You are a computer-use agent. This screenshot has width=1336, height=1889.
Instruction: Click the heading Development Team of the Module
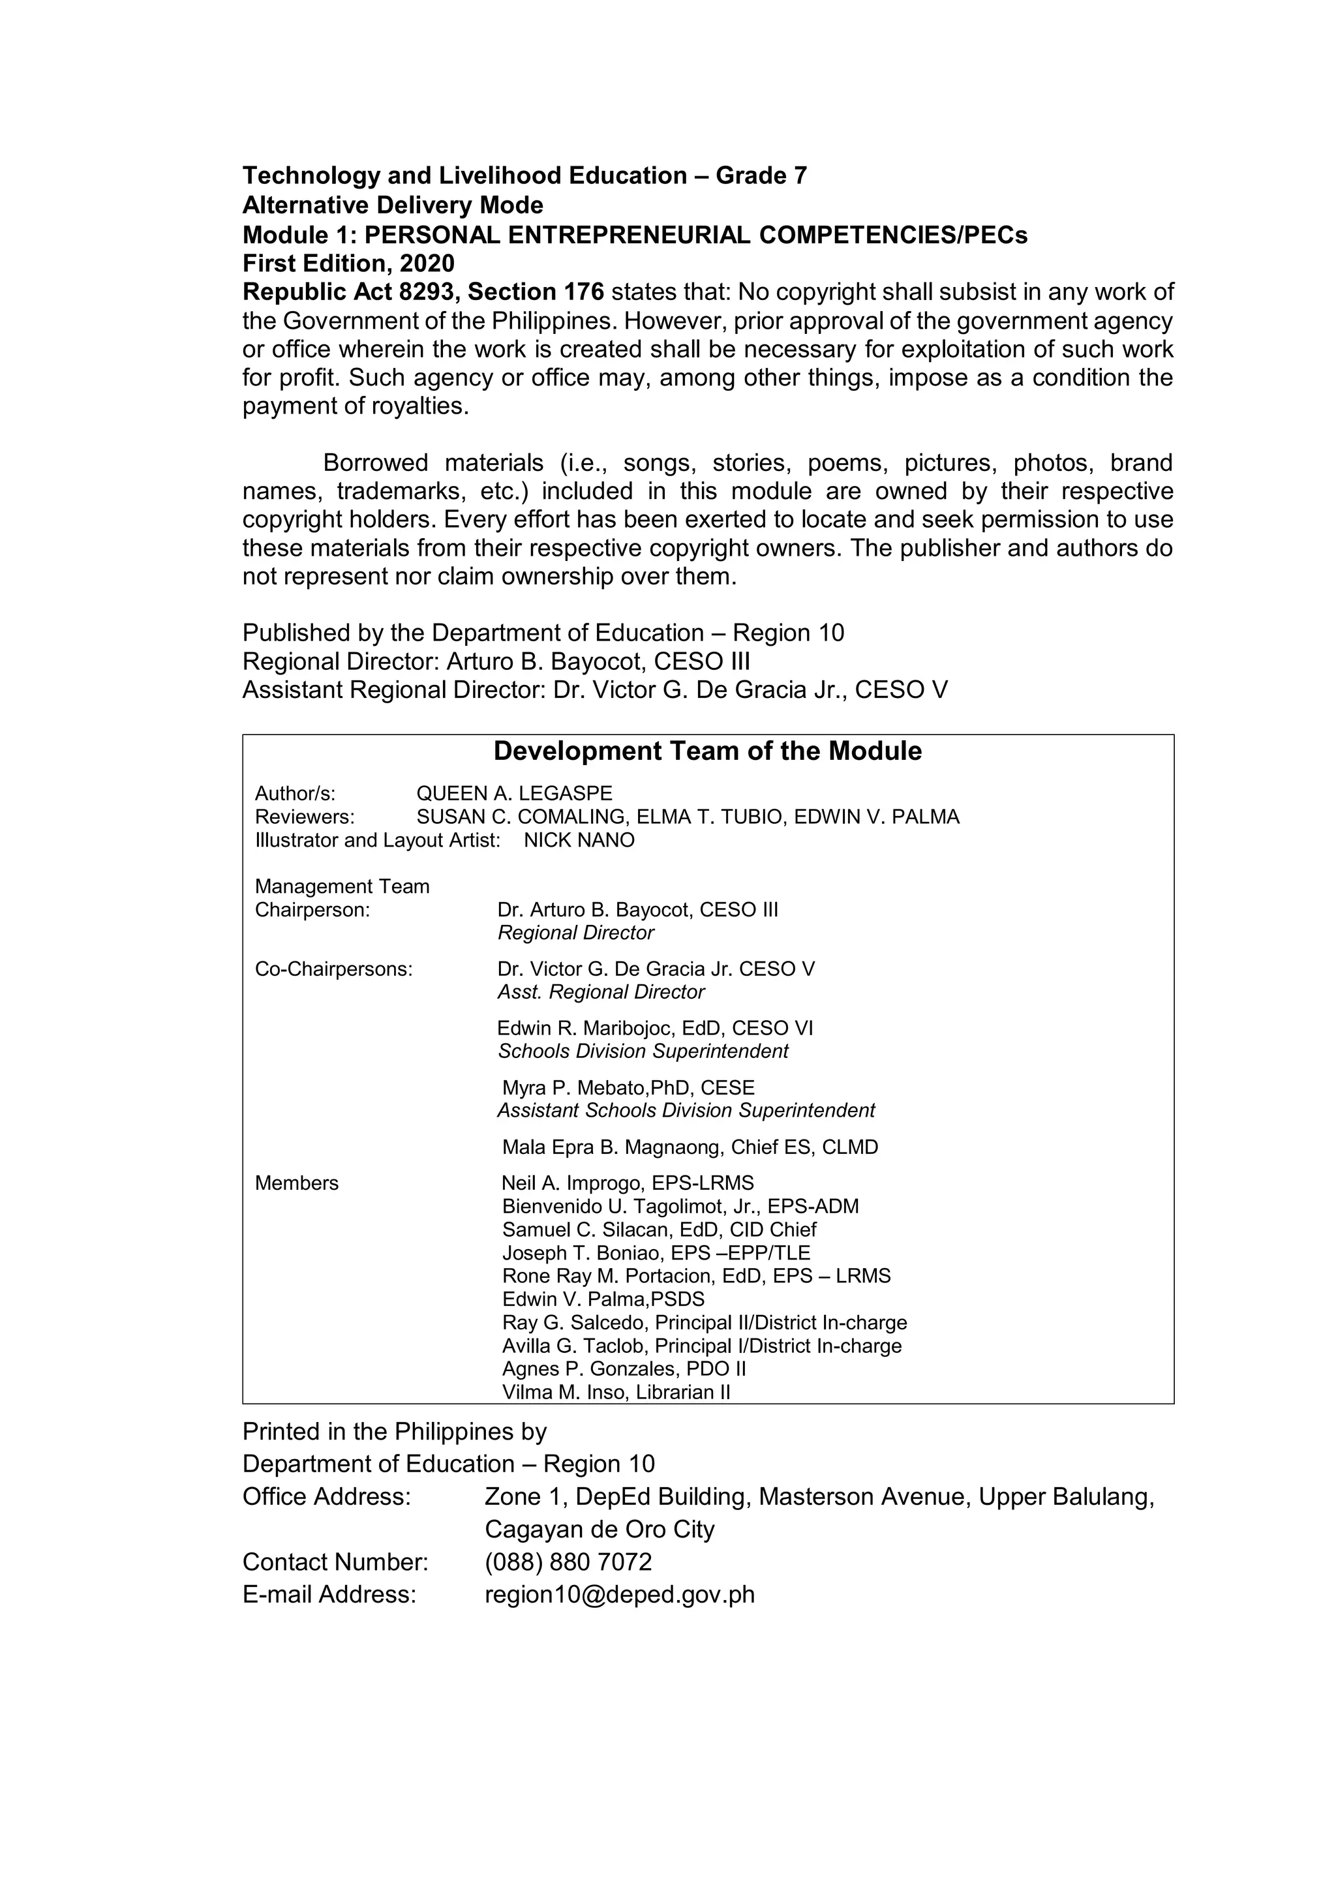tap(708, 751)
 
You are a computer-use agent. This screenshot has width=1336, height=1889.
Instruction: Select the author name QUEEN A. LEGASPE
tap(514, 793)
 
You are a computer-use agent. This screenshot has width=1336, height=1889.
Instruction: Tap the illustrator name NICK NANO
tap(579, 840)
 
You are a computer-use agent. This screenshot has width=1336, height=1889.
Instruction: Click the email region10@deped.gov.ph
tap(620, 1594)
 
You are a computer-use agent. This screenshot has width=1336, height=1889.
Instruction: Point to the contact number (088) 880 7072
tap(568, 1562)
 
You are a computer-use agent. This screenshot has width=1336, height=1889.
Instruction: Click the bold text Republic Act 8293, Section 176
tap(423, 292)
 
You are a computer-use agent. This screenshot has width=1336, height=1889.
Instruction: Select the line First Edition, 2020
tap(348, 264)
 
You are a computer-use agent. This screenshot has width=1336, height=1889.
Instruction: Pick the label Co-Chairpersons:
tap(333, 969)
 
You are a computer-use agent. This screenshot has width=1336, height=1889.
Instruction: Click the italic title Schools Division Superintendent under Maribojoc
tap(643, 1051)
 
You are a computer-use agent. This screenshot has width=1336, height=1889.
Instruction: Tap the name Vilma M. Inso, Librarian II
tap(616, 1392)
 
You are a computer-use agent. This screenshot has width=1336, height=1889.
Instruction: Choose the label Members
tap(296, 1183)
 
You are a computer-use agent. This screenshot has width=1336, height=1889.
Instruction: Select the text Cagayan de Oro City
tap(600, 1529)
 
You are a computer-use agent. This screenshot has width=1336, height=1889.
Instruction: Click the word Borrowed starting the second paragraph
tap(375, 462)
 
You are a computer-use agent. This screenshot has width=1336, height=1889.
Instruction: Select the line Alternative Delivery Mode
tap(393, 205)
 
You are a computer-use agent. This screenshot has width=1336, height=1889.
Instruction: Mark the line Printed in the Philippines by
tap(394, 1432)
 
